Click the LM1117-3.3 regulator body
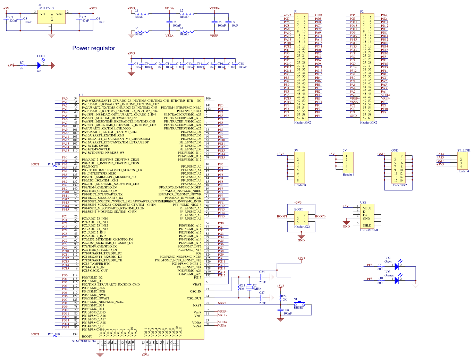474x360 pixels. (x=51, y=17)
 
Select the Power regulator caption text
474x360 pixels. (x=93, y=48)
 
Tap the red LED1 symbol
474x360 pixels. (x=40, y=65)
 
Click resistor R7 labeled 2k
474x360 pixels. (x=23, y=65)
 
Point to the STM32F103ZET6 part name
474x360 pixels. (x=84, y=341)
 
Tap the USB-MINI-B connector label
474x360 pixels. (x=369, y=230)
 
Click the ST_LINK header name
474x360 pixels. (x=464, y=151)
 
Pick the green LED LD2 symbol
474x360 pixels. (x=397, y=266)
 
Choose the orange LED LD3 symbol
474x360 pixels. (x=397, y=280)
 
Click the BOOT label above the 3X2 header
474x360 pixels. (x=298, y=209)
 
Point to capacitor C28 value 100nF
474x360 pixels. (x=288, y=314)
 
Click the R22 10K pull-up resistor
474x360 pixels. (x=280, y=298)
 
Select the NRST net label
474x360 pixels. (x=222, y=303)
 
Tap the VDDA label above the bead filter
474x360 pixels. (x=169, y=8)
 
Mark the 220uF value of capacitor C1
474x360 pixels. (x=13, y=21)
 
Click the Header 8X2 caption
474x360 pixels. (x=399, y=185)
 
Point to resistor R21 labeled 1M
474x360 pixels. (x=239, y=287)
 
